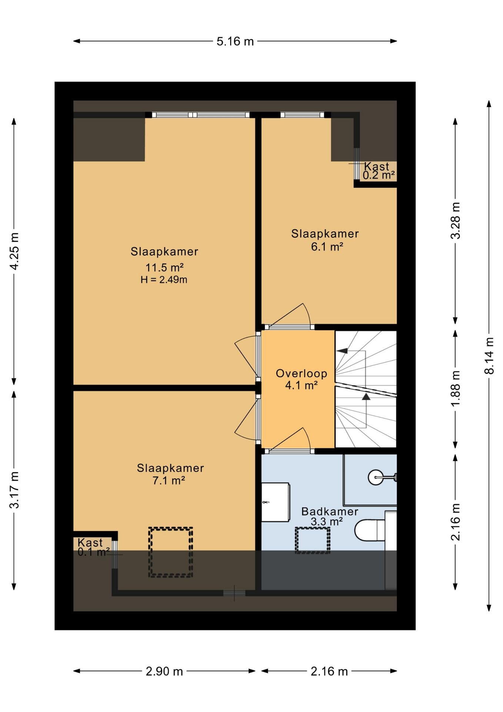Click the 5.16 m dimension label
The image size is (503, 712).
point(235,41)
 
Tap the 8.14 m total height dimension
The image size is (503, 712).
point(490,355)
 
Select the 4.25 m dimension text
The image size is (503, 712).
point(14,251)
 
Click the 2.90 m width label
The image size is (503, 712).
point(164,671)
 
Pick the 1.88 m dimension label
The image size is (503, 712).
point(456,388)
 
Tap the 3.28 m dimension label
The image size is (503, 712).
point(456,220)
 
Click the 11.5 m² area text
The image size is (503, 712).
point(164,267)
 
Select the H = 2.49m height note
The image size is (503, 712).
point(164,280)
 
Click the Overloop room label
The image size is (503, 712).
point(302,373)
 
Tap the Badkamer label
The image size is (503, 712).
point(330,511)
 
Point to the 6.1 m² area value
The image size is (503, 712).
point(327,247)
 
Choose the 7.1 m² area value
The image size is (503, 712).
point(169,481)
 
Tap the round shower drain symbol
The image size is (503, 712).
point(376,477)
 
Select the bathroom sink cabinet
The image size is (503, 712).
point(276,502)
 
